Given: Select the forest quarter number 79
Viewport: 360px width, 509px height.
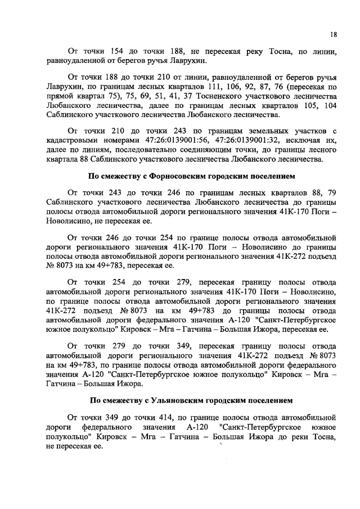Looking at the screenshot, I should pyautogui.click(x=331, y=192).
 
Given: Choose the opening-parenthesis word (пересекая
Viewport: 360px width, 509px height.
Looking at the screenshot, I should pyautogui.click(x=307, y=87).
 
